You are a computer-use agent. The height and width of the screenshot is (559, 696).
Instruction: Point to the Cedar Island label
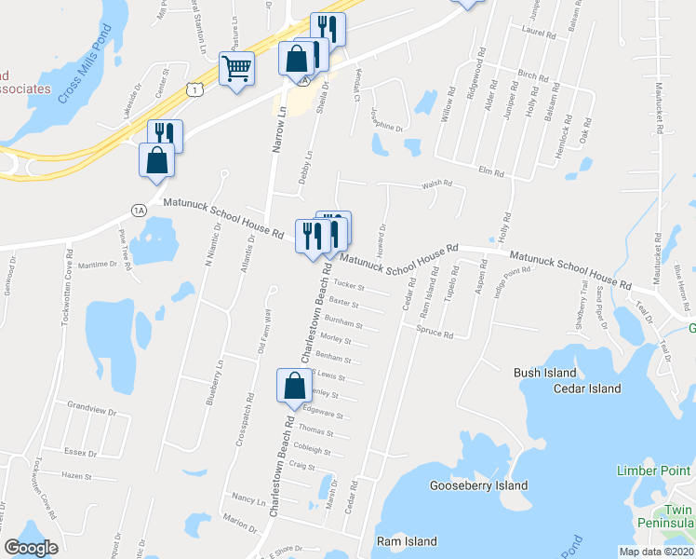(x=587, y=389)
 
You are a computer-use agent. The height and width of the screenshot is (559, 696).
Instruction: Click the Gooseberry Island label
(x=478, y=485)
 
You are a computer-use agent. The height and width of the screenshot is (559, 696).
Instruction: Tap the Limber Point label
(x=654, y=470)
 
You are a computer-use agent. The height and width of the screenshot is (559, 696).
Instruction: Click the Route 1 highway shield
(x=194, y=89)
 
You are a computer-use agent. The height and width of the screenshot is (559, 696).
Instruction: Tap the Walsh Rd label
(x=436, y=184)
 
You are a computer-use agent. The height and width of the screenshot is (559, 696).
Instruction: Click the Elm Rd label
(x=490, y=172)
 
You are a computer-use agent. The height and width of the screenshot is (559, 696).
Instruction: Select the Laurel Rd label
(x=539, y=34)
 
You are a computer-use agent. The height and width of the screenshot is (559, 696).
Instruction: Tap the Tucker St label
(x=347, y=287)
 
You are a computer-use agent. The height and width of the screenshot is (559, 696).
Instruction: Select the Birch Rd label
(x=533, y=75)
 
